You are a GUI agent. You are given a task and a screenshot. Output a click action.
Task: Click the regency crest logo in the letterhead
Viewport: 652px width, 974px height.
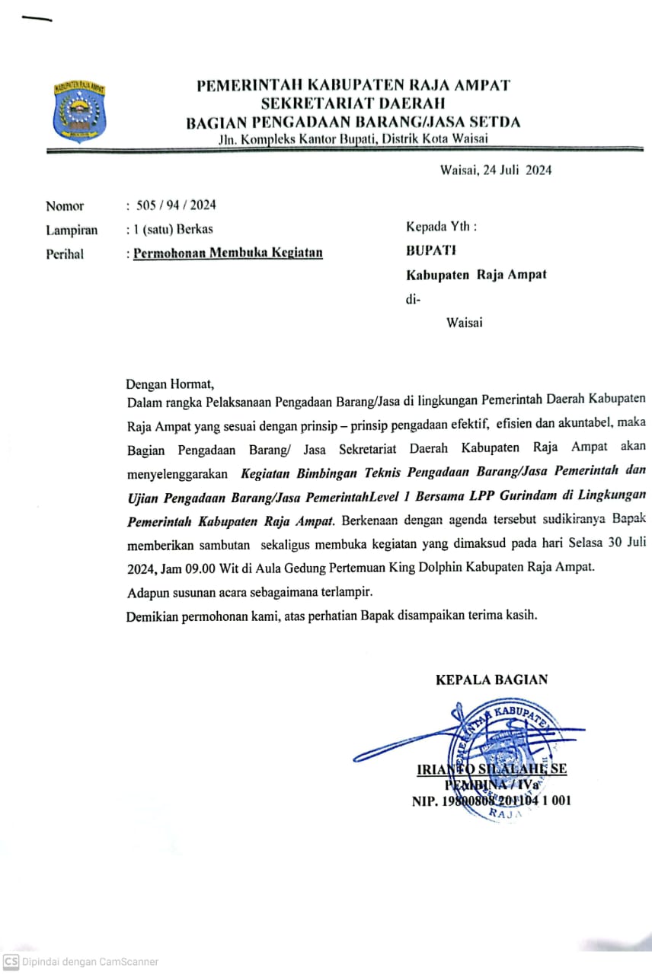click(79, 111)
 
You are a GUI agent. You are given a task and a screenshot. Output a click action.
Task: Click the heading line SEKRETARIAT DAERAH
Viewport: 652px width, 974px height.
click(353, 103)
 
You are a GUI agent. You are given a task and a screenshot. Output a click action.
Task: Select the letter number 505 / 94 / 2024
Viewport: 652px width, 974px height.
click(176, 205)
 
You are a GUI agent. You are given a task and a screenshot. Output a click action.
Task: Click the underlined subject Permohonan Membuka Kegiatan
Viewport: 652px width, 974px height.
click(228, 253)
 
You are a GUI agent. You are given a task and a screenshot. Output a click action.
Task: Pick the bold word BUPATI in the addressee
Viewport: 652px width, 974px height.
click(430, 250)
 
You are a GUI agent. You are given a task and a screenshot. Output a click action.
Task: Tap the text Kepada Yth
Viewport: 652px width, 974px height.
click(442, 227)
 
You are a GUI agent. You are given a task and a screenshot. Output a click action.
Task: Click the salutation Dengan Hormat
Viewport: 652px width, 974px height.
click(171, 384)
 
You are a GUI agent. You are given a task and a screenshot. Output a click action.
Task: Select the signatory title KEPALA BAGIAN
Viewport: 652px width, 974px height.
click(491, 680)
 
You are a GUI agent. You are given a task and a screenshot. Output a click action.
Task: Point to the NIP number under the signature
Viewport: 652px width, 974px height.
click(491, 801)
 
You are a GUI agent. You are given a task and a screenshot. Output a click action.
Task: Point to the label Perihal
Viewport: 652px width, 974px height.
click(65, 254)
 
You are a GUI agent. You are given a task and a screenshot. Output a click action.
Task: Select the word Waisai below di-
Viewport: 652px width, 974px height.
click(464, 323)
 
